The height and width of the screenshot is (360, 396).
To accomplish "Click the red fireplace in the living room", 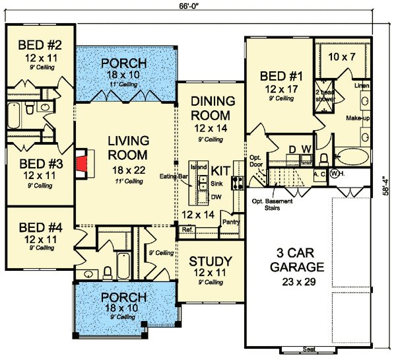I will pos(81,165).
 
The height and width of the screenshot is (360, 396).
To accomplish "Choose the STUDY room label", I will pos(210,260).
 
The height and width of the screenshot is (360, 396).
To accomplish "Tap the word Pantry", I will pos(230,222).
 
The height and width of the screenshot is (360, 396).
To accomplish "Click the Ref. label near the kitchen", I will pos(187,229).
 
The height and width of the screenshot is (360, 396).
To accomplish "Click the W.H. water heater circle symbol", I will pos(334,174).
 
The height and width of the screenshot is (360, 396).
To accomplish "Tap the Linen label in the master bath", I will pos(362,86).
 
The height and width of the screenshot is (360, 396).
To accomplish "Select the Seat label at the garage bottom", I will pos(307,348).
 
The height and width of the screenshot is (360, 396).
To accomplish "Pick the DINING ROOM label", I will pos(213,108).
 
